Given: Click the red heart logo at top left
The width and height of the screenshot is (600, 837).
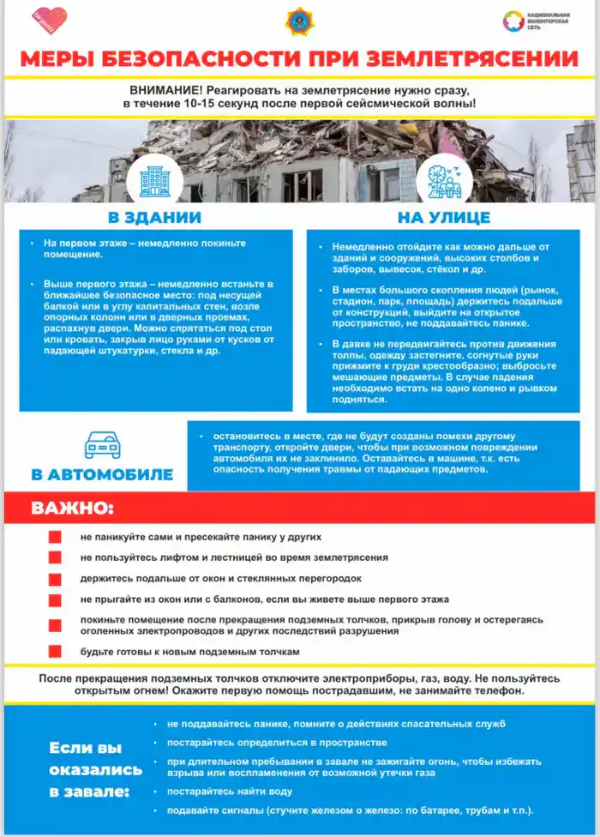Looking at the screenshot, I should tap(50, 20).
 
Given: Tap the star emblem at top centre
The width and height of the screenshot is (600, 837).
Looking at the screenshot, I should tap(299, 21).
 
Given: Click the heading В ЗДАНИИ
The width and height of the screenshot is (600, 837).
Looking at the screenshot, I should tap(154, 217).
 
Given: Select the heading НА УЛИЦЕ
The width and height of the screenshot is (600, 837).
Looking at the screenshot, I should tap(444, 217).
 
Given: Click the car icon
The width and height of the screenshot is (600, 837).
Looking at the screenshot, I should tap(102, 445).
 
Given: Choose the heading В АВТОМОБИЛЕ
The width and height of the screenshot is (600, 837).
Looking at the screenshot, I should tap(102, 474).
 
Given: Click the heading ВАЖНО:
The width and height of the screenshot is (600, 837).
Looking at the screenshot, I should tap(73, 508).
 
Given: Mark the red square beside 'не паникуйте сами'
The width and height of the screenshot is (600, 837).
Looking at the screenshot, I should tap(55, 538).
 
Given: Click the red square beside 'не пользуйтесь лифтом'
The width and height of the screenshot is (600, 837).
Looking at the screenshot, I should tap(55, 558).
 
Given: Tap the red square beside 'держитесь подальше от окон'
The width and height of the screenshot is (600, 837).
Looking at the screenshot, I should tap(55, 580).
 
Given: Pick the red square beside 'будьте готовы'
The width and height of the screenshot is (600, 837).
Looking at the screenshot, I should tap(55, 652).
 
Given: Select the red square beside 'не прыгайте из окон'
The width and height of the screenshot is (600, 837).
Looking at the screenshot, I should tap(55, 600).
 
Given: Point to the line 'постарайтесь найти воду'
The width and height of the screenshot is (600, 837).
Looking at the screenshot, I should tap(229, 792).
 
